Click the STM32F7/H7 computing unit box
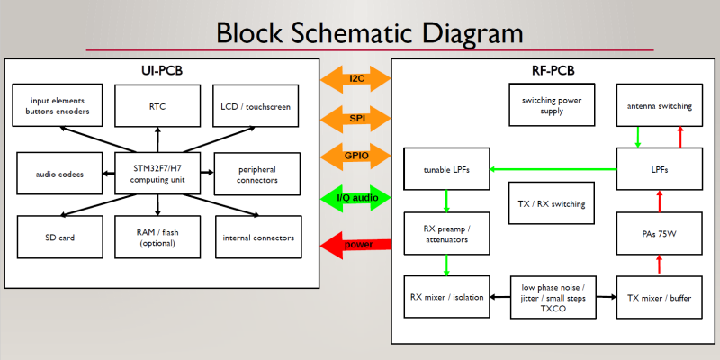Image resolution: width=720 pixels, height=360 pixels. click(157, 174)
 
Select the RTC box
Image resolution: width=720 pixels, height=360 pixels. click(157, 106)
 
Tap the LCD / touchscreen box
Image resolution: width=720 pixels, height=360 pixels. click(256, 106)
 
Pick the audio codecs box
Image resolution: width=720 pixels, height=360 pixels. click(59, 174)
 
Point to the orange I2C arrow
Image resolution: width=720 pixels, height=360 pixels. click(356, 78)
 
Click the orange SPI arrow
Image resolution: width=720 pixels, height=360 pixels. click(356, 117)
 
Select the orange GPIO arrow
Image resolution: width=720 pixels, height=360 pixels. click(356, 155)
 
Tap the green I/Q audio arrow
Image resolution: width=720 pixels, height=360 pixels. click(356, 197)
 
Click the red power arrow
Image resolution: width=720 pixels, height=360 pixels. click(356, 244)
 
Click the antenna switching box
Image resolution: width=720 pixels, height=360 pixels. click(660, 106)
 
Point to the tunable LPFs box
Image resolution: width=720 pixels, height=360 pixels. click(446, 169)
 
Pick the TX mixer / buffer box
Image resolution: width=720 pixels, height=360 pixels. click(660, 297)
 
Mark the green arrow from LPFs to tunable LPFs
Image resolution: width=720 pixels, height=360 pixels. click(553, 168)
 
